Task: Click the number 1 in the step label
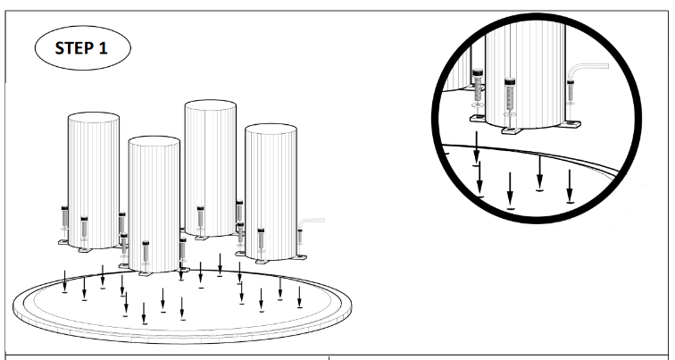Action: click(103, 48)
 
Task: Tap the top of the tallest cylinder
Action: click(210, 105)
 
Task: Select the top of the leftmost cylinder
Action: click(94, 118)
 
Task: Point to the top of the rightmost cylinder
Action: click(271, 130)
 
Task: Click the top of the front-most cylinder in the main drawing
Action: click(154, 142)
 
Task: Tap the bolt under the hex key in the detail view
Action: click(571, 92)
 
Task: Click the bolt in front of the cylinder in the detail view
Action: click(510, 97)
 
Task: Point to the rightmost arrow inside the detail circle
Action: click(570, 186)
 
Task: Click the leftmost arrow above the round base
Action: click(64, 281)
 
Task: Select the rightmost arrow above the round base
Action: click(300, 297)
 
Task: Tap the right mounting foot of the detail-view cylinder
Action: click(570, 124)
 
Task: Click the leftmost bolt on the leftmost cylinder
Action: click(64, 219)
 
